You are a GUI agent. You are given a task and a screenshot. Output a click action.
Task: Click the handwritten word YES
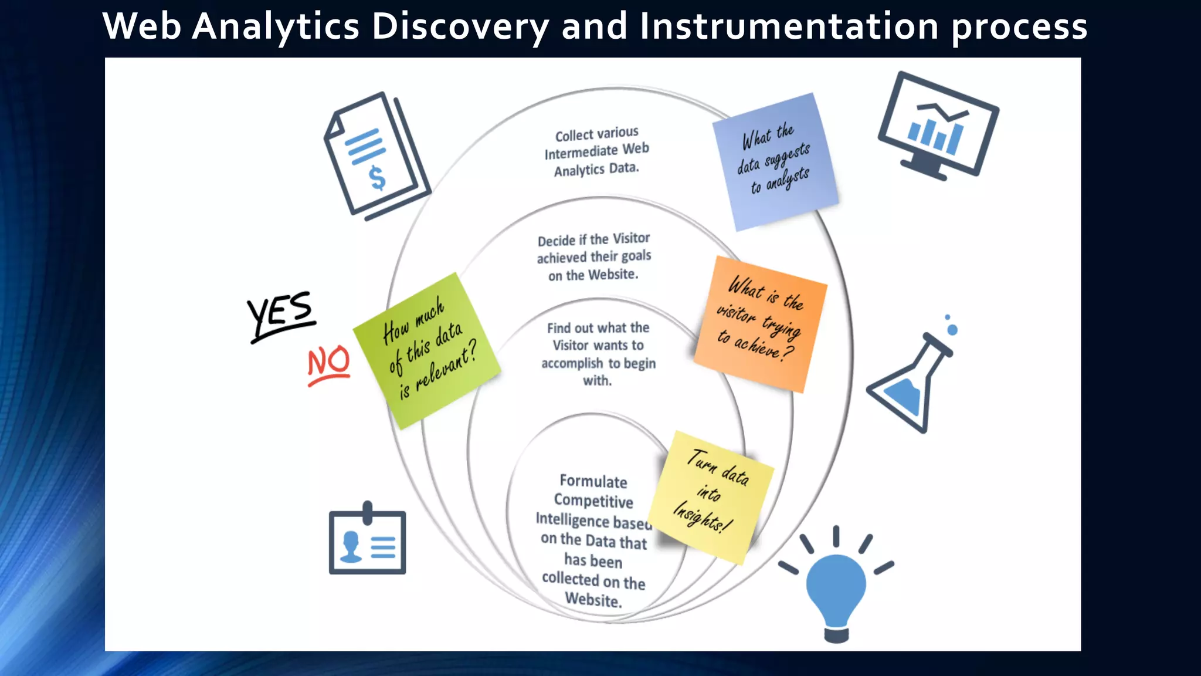(280, 314)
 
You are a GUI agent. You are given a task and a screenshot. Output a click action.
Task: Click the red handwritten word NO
(329, 363)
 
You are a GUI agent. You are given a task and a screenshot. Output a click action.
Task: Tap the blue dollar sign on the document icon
(377, 178)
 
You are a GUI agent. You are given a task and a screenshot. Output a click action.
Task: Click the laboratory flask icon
(910, 381)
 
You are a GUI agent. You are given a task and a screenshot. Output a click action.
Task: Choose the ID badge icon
(367, 540)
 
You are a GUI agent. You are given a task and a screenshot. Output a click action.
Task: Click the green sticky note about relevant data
(427, 350)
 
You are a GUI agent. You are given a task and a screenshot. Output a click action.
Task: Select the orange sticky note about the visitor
(761, 323)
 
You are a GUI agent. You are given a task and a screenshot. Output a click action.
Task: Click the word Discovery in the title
(460, 26)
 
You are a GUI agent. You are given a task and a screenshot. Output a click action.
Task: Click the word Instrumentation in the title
(789, 26)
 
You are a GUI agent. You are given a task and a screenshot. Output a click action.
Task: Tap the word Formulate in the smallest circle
(593, 482)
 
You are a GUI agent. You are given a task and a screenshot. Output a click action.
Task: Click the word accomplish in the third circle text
(572, 364)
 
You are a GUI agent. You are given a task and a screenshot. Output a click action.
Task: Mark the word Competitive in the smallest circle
(593, 501)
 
